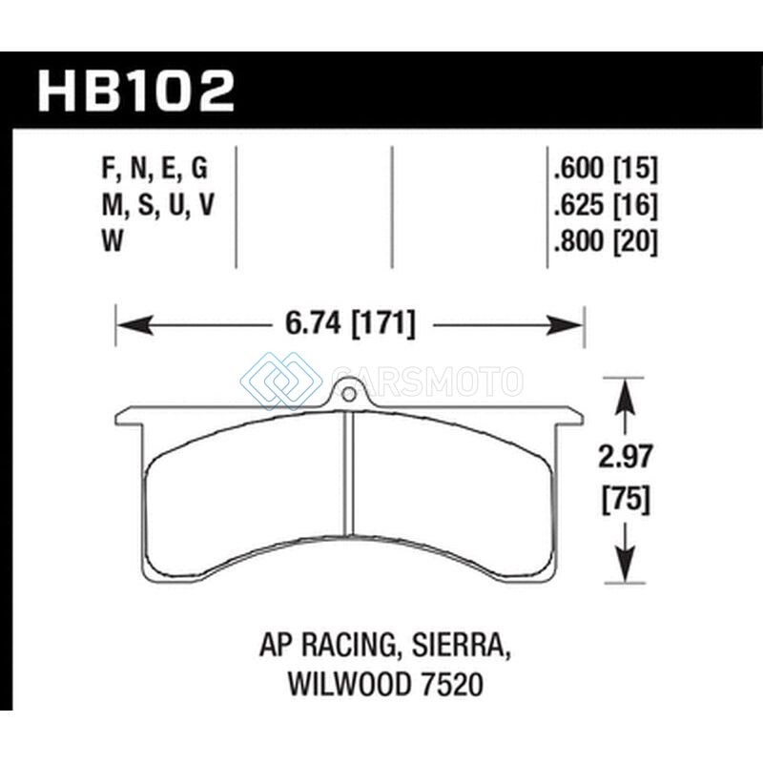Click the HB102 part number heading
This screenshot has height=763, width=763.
(136, 91)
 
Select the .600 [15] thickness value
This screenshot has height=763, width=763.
(606, 169)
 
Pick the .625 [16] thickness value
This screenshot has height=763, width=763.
(606, 204)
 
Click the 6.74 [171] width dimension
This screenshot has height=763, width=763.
(350, 324)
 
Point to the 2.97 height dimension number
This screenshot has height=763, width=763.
(625, 457)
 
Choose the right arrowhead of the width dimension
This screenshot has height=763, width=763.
(565, 324)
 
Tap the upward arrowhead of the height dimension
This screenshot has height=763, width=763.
(625, 396)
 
